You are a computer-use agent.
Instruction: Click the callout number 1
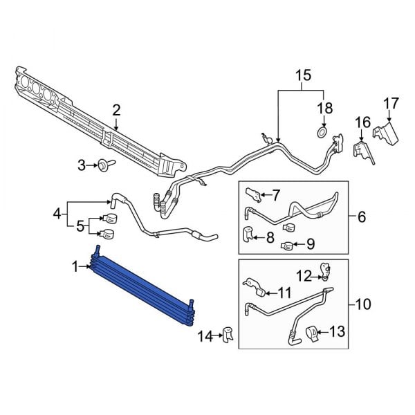click(75, 266)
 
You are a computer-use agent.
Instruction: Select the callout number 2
click(116, 109)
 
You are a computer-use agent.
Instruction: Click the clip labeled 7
click(253, 192)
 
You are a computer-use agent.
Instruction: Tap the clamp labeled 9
click(286, 244)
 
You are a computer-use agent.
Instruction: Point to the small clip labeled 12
click(324, 270)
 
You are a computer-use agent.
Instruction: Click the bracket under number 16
click(360, 152)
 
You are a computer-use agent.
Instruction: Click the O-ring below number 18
click(322, 131)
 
